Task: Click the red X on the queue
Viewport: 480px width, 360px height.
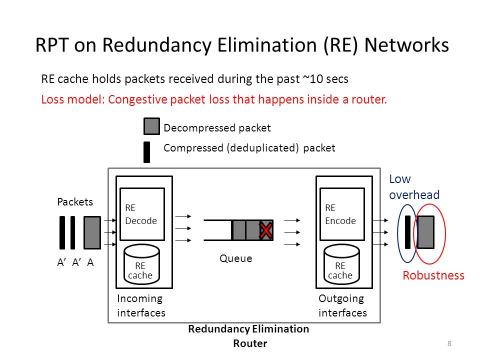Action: (x=265, y=231)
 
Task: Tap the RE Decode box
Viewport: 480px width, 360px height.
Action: (x=142, y=214)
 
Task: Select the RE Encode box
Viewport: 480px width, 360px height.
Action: (x=342, y=214)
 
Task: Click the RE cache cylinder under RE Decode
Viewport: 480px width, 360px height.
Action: (x=141, y=264)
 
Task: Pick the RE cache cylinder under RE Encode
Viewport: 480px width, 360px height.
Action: (x=341, y=264)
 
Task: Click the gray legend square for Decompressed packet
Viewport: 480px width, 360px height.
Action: (x=151, y=126)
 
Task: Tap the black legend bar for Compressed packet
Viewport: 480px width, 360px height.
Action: (x=146, y=152)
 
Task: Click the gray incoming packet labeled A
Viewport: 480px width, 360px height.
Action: (x=92, y=232)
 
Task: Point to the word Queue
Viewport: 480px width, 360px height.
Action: (x=235, y=258)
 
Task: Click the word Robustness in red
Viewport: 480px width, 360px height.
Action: (x=433, y=275)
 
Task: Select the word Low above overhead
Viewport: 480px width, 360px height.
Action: (x=400, y=179)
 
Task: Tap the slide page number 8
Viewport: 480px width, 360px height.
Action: (x=449, y=343)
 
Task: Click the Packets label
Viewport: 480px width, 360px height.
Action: (x=75, y=201)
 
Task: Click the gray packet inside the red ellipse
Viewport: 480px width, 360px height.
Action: (x=425, y=232)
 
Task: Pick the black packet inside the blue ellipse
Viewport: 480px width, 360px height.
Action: (x=408, y=232)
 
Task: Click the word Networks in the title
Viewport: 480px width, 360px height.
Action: (x=406, y=45)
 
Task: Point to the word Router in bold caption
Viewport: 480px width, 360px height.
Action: (x=250, y=343)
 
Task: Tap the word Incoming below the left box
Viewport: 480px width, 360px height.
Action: (x=139, y=299)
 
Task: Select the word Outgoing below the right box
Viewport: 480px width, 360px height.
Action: (x=341, y=299)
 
